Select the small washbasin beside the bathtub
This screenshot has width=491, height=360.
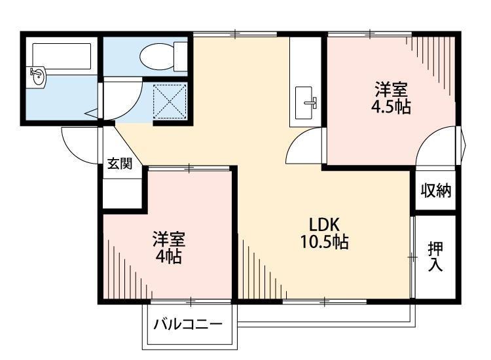(37, 78)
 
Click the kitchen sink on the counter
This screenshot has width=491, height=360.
(308, 101)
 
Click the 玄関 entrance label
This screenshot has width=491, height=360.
(120, 164)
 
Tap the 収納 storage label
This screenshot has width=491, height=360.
(436, 191)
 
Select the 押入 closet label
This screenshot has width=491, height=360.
(435, 257)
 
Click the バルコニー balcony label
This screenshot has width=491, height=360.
(188, 325)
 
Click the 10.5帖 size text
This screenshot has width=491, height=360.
(324, 242)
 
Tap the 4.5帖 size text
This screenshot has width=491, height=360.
(391, 107)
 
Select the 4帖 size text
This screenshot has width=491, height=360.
(168, 257)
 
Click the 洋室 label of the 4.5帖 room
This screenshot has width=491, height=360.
(391, 88)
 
